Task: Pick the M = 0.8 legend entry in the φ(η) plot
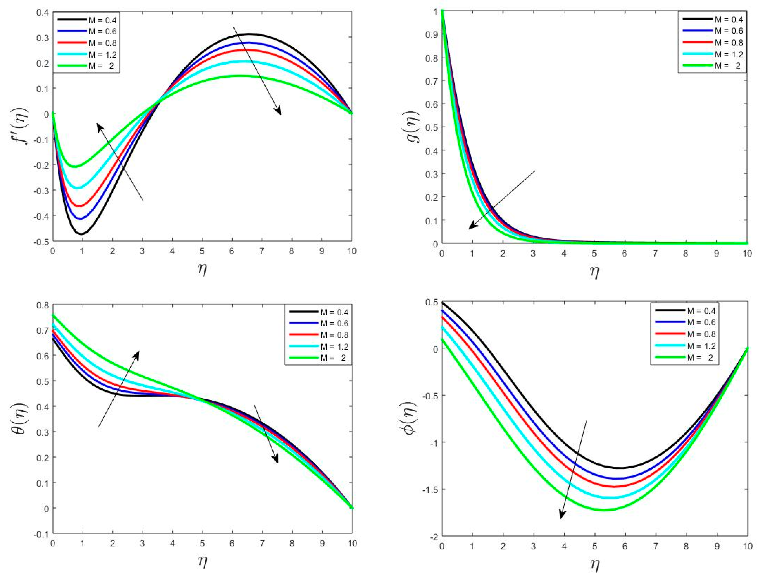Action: tap(701, 334)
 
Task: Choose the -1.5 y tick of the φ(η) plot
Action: tap(429, 489)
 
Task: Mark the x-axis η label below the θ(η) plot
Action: tap(202, 562)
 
